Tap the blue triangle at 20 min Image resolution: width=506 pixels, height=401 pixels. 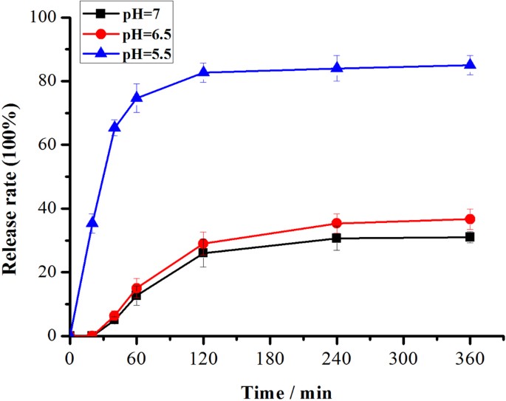point(92,222)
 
